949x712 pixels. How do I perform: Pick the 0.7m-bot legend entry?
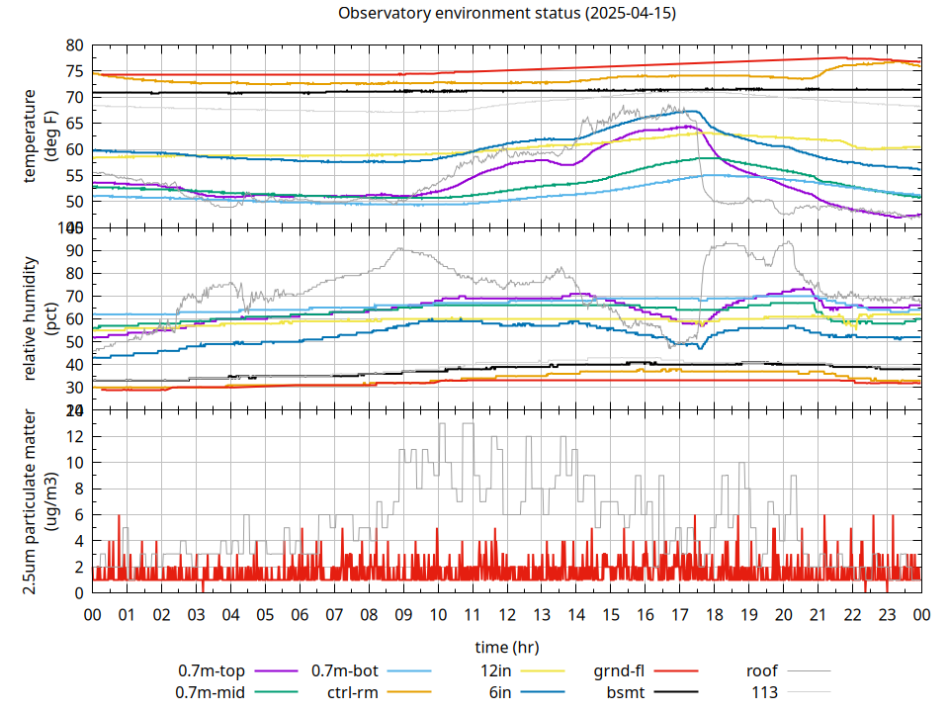pyautogui.click(x=344, y=671)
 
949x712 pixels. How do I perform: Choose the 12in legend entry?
pyautogui.click(x=494, y=671)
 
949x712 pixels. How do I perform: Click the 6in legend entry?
pyautogui.click(x=500, y=692)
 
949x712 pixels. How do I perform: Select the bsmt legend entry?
pyautogui.click(x=627, y=692)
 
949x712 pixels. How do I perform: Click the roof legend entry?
pyautogui.click(x=762, y=671)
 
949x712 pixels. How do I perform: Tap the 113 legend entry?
pyautogui.click(x=765, y=692)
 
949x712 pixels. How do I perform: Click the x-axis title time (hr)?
pyautogui.click(x=507, y=648)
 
